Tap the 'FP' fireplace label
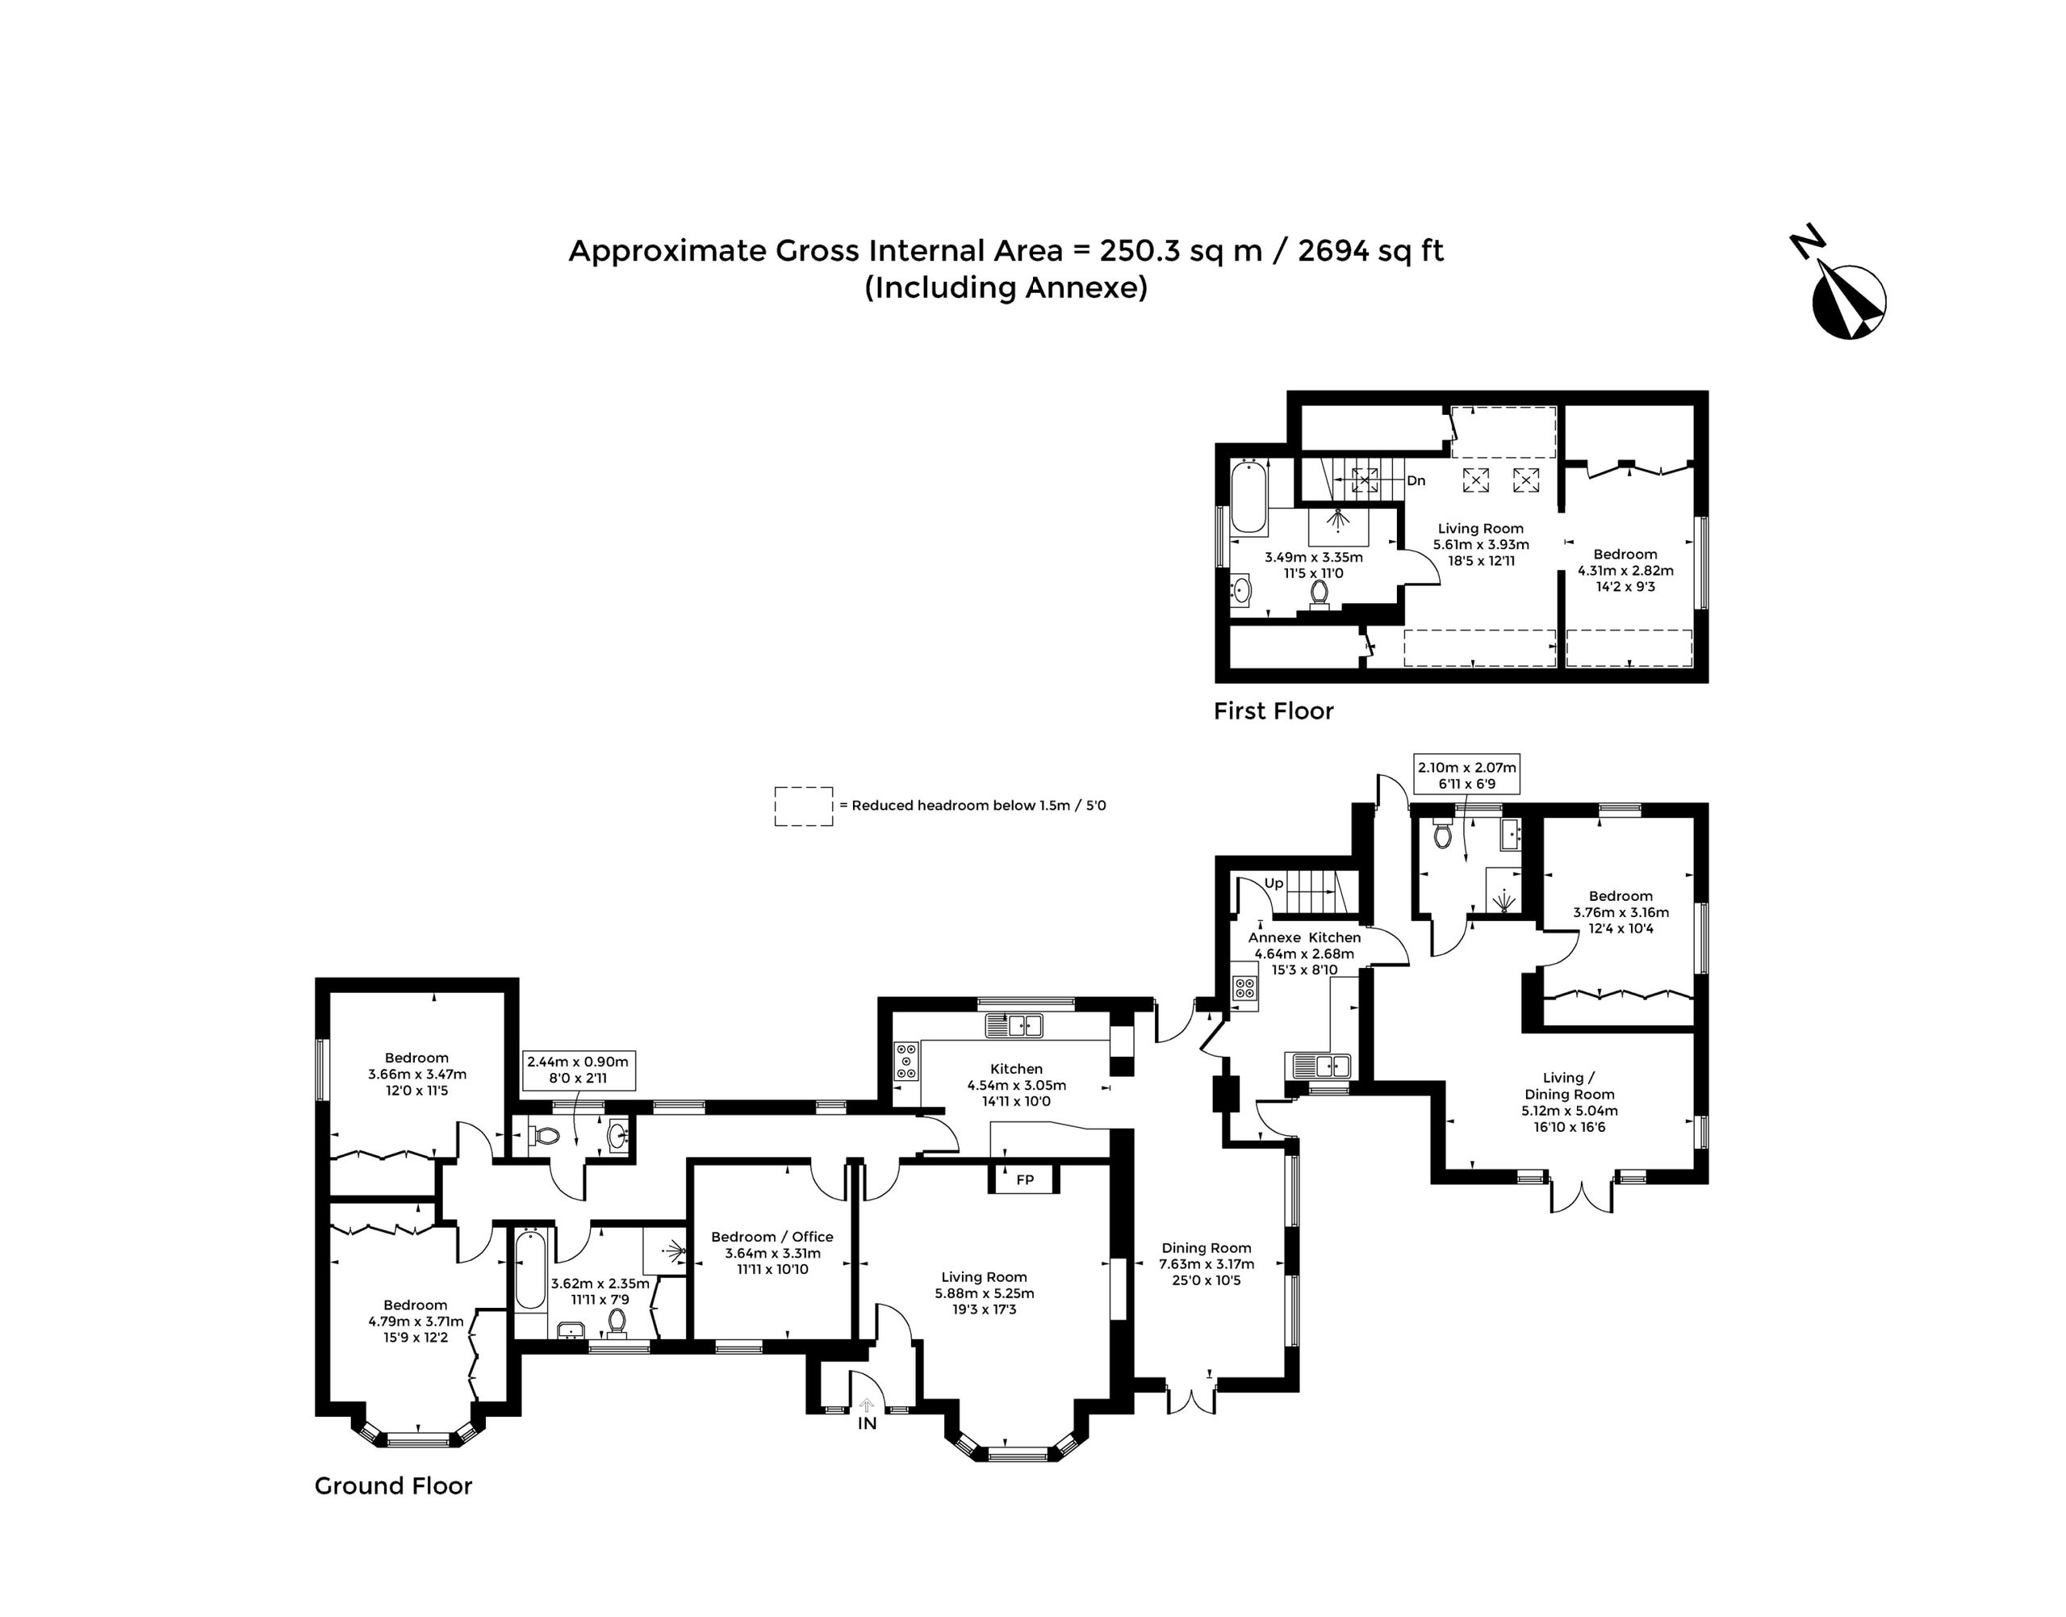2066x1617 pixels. [1025, 1179]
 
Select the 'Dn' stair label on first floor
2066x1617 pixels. [1416, 481]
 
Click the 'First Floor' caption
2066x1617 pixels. [1273, 711]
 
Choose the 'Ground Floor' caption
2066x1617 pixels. [393, 1485]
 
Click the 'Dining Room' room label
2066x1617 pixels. [1207, 1248]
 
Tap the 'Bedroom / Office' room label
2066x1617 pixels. [772, 1237]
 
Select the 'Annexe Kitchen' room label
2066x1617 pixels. [1304, 937]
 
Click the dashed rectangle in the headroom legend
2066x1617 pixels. [804, 806]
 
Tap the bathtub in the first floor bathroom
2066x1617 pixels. [1248, 497]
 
